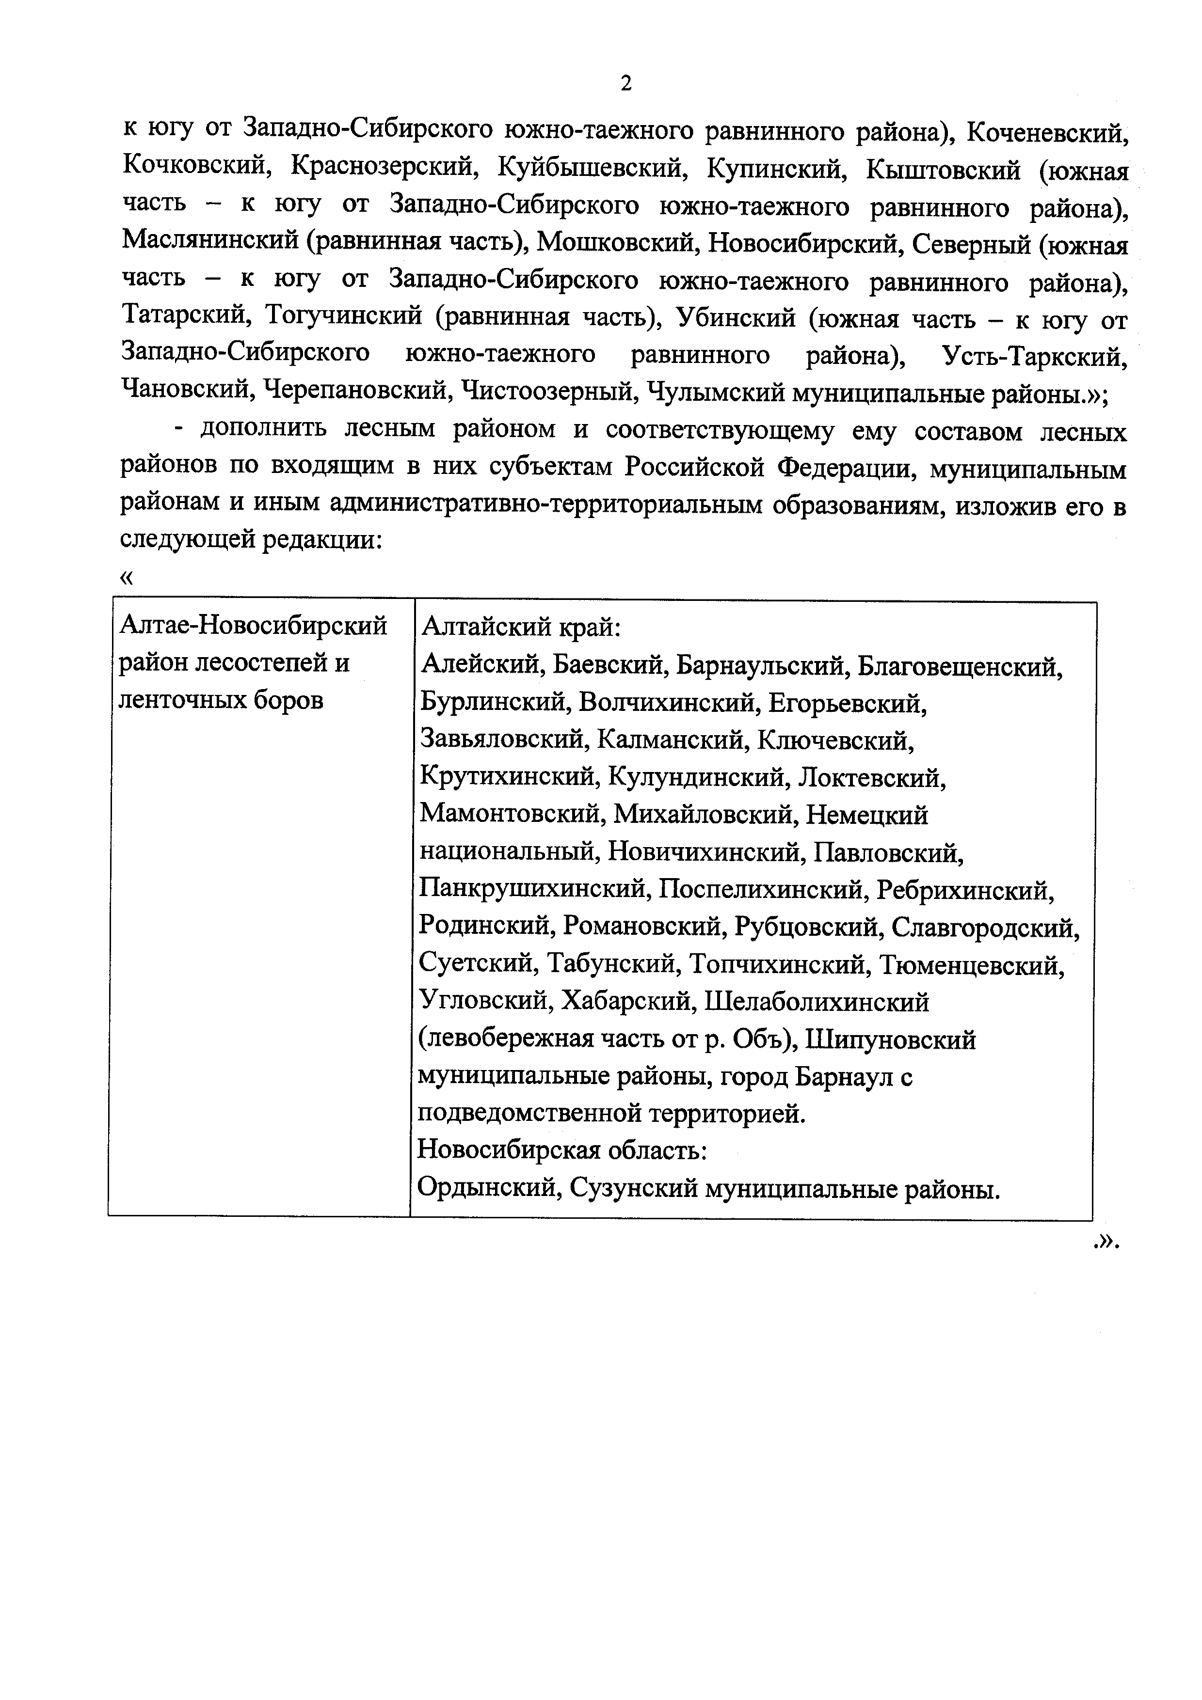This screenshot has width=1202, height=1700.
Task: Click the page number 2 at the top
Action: pos(626,84)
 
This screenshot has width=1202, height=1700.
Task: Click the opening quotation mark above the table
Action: pos(127,578)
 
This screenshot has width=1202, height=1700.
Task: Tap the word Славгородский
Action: pos(985,927)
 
